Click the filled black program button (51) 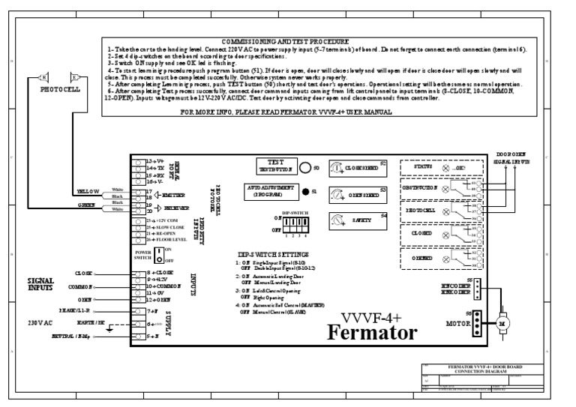(305, 192)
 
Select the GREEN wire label (85, 204)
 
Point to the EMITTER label (178, 195)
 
